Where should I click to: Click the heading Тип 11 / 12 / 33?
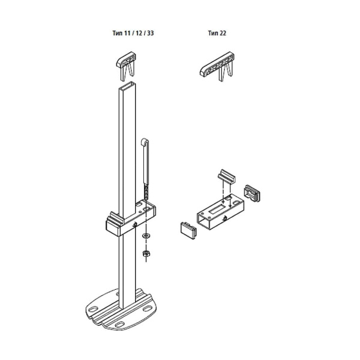tap(133, 33)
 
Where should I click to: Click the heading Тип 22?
tap(217, 33)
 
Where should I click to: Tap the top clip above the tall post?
tap(126, 66)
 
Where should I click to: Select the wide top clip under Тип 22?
tap(217, 66)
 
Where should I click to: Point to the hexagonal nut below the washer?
tap(146, 253)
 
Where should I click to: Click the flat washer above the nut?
tap(146, 236)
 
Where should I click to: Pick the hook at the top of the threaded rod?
tap(145, 141)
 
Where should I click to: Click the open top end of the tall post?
tap(127, 85)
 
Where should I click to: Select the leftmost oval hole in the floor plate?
tap(93, 309)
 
